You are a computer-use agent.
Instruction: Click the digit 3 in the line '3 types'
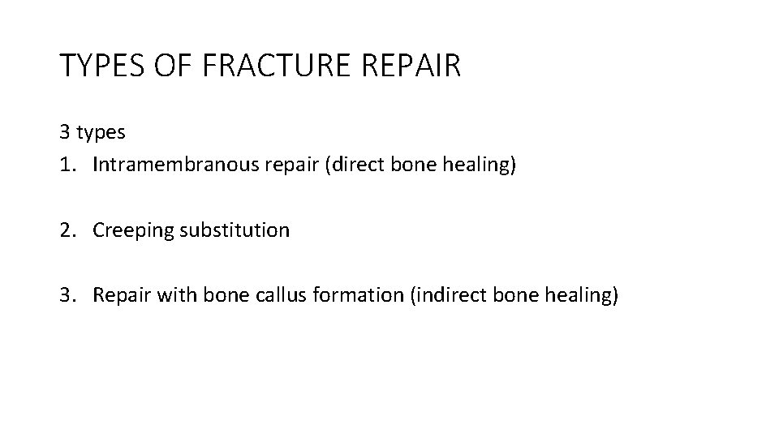click(64, 131)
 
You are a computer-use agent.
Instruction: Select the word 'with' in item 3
click(170, 295)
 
